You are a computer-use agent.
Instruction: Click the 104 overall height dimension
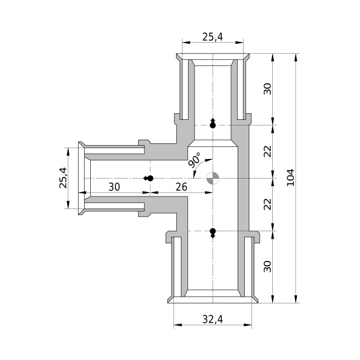[291, 177]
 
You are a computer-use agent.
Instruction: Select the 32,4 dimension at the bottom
[213, 319]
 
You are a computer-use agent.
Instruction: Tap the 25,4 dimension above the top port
[213, 37]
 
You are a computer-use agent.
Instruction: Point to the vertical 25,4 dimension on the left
[63, 178]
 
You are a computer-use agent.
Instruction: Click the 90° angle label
[195, 160]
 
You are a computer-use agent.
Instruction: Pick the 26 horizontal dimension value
[182, 187]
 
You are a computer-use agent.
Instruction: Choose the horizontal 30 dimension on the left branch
[114, 187]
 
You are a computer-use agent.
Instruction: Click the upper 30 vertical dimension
[267, 89]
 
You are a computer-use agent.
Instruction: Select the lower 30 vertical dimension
[267, 266]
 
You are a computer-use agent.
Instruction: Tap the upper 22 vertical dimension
[267, 151]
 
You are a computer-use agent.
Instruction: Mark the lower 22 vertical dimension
[267, 204]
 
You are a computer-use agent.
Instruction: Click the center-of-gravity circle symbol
[213, 178]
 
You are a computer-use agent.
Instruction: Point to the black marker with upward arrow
[213, 123]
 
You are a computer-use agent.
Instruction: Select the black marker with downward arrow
[213, 233]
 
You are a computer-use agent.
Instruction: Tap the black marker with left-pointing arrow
[148, 178]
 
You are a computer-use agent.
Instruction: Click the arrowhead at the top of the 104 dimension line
[295, 57]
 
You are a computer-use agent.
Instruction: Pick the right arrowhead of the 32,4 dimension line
[248, 325]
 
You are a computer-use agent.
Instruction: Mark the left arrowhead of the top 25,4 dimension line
[186, 42]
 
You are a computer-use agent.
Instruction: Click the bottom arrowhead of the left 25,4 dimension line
[68, 205]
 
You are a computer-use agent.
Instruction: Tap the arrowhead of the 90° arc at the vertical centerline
[210, 159]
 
